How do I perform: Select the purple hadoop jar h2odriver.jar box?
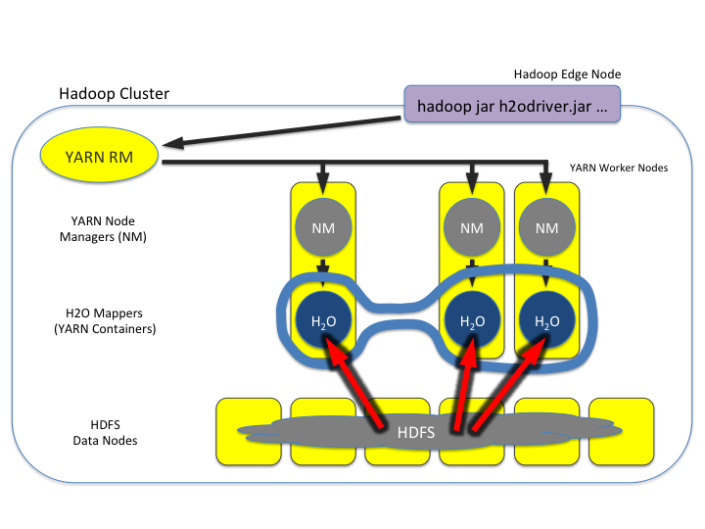click(x=512, y=105)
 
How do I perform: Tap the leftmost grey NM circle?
click(x=322, y=227)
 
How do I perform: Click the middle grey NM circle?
click(x=470, y=227)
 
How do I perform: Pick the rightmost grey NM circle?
click(x=546, y=227)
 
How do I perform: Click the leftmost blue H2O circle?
click(x=322, y=320)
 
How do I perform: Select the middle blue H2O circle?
click(x=470, y=320)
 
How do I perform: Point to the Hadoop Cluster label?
click(x=114, y=94)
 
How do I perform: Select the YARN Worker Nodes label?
click(x=618, y=168)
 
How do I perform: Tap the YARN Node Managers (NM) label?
click(x=102, y=228)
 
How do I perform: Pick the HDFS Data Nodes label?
click(x=105, y=431)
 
